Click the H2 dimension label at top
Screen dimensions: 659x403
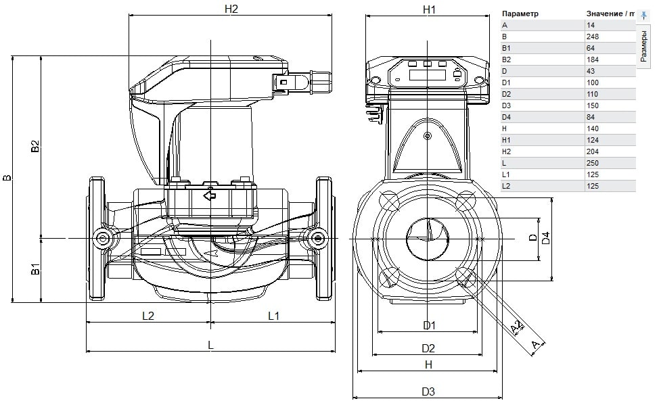click(231, 9)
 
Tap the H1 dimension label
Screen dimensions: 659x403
click(429, 9)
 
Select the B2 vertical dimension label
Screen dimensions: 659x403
click(35, 146)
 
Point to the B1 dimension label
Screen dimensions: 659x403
click(35, 269)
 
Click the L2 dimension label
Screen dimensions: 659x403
click(148, 316)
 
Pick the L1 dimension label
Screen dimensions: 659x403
click(273, 316)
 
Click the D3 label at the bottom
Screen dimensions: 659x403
click(428, 392)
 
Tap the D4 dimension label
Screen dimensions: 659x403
click(545, 238)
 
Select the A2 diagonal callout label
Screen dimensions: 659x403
click(518, 327)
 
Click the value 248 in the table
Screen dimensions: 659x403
click(593, 37)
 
